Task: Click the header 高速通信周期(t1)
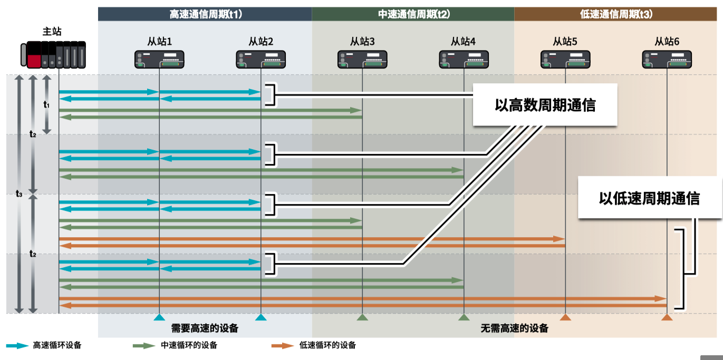[206, 14]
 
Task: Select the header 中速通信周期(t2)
[414, 14]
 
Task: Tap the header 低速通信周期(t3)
[616, 14]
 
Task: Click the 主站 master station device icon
[53, 54]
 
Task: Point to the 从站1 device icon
[159, 60]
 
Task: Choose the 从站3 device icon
[362, 60]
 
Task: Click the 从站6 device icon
[667, 60]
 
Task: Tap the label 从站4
[463, 42]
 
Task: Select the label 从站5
[565, 42]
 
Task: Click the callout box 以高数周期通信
[545, 105]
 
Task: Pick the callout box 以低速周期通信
[649, 198]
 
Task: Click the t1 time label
[46, 104]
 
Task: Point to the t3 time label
[19, 193]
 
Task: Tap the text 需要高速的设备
[205, 328]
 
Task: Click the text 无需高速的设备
[515, 328]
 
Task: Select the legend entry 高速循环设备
[44, 345]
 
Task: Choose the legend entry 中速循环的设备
[175, 345]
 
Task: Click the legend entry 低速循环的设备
[314, 345]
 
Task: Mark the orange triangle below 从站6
[667, 317]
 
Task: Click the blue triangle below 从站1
[159, 317]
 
